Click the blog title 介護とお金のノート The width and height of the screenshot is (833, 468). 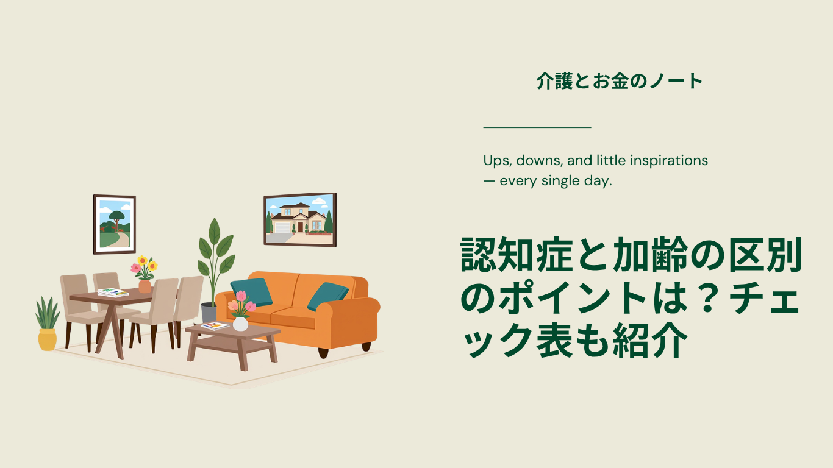pyautogui.click(x=619, y=81)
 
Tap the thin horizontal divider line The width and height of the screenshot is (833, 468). pyautogui.click(x=537, y=127)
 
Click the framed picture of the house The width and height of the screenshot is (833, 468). pyautogui.click(x=300, y=220)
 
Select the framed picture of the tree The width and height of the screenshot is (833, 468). pyautogui.click(x=115, y=224)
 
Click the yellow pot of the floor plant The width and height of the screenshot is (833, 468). pyautogui.click(x=48, y=340)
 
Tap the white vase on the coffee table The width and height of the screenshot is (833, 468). pyautogui.click(x=240, y=324)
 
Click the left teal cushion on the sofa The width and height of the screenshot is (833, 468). pyautogui.click(x=251, y=292)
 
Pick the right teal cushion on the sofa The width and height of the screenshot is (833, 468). pyautogui.click(x=327, y=296)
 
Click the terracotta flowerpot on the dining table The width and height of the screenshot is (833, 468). pyautogui.click(x=145, y=286)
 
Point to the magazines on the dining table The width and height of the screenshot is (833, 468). pyautogui.click(x=113, y=292)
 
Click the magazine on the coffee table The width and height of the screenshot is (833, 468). pyautogui.click(x=215, y=326)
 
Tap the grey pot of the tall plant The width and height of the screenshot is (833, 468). pyautogui.click(x=209, y=313)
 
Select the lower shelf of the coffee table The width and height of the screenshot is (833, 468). pyautogui.click(x=232, y=344)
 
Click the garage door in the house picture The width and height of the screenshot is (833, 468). pyautogui.click(x=282, y=227)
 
